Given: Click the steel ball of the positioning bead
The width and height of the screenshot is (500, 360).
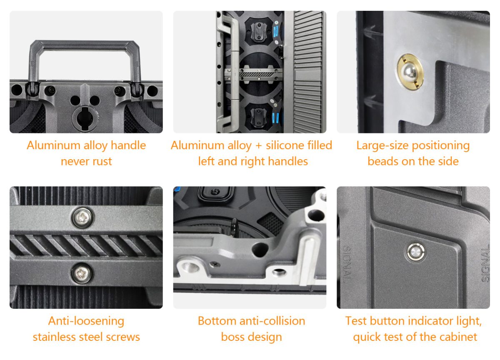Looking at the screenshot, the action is tap(409, 72).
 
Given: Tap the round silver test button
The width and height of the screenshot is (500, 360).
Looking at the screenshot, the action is tap(416, 252).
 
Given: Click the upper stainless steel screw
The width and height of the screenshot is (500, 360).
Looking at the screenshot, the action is tap(82, 217).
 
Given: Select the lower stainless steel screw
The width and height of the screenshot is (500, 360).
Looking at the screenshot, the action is tap(82, 274).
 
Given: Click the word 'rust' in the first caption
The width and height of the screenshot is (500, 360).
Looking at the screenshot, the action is tap(102, 161).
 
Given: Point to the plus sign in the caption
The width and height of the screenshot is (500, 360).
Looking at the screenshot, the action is tap(258, 145).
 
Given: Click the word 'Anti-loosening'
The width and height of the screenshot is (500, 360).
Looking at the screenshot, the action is tap(86, 321).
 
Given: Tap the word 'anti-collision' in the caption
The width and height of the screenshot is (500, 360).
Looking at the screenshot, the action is tap(272, 321).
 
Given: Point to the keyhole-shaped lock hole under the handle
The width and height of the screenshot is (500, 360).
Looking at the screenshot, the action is tap(85, 118).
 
